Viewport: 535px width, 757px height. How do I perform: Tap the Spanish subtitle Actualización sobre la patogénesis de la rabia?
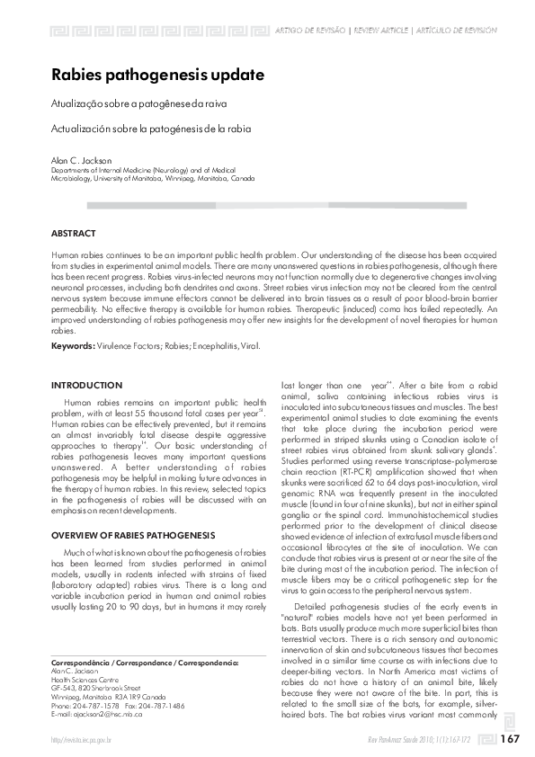point(151,129)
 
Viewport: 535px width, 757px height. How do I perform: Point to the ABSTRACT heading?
point(74,233)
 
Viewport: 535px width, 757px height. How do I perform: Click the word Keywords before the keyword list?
point(72,345)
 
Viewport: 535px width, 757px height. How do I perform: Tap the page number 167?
point(510,739)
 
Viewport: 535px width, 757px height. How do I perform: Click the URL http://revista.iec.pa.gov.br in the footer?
point(81,740)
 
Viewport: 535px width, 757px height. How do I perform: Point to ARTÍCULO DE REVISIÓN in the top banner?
point(456,30)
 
